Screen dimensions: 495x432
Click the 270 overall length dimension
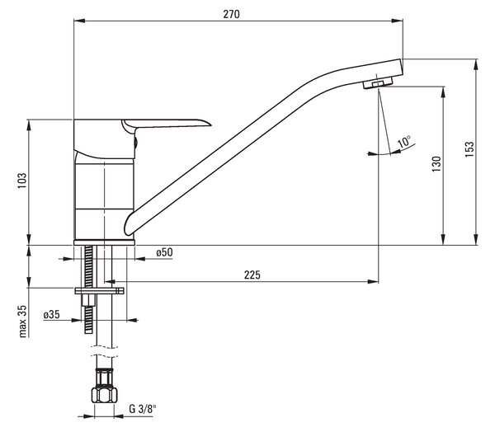click(231, 14)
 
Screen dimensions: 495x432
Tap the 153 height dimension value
click(469, 149)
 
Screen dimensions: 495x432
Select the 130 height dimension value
click(436, 164)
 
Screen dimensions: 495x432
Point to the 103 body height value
click(22, 181)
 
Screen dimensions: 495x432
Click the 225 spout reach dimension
click(252, 275)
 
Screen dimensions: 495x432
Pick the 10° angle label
click(404, 142)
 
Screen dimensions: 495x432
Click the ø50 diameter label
click(164, 252)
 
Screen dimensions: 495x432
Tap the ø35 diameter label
click(51, 314)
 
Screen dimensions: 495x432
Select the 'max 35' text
click(23, 322)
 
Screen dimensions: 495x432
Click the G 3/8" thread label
click(143, 409)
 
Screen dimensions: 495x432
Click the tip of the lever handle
click(210, 124)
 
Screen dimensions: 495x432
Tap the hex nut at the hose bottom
click(105, 395)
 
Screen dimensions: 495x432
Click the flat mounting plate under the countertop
click(99, 291)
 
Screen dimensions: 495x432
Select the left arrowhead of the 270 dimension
click(79, 21)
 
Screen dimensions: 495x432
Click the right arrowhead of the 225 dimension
click(373, 281)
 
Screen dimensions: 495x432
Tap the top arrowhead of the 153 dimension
click(476, 64)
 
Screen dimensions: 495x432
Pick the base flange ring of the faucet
click(104, 242)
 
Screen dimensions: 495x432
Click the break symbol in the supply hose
click(104, 351)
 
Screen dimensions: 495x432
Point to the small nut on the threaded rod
click(89, 300)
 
